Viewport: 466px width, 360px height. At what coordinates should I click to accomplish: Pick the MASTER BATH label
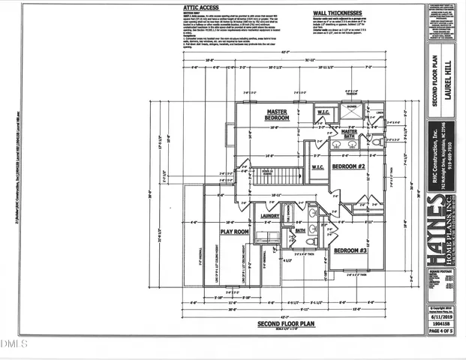[x=349, y=133]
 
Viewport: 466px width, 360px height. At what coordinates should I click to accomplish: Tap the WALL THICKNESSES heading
[x=338, y=13]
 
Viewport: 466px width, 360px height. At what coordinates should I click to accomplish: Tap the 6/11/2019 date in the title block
[x=443, y=317]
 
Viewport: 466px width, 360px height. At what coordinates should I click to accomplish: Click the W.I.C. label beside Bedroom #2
[x=317, y=166]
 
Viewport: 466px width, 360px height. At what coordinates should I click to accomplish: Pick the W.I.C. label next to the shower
[x=323, y=113]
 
